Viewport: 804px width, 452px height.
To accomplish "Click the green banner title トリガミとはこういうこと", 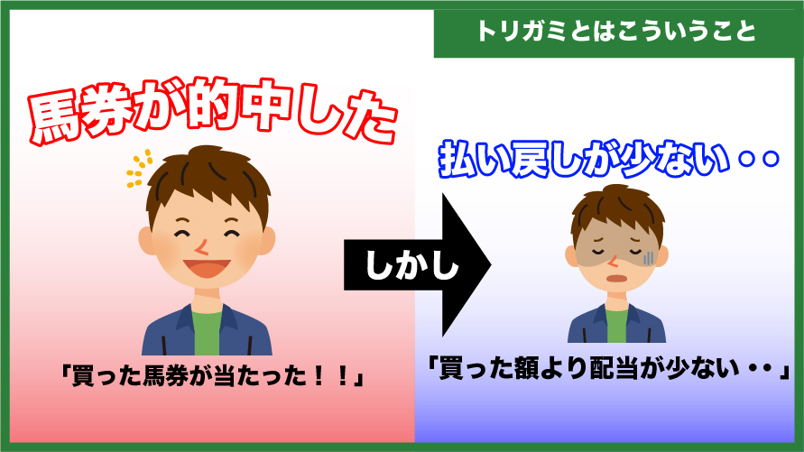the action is point(616,32).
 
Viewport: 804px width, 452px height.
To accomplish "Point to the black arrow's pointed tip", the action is point(491,265).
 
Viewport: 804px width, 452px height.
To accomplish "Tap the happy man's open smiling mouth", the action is point(206,268).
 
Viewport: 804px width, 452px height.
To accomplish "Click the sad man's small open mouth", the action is point(615,278).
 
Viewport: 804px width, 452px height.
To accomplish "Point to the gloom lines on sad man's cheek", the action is point(648,257).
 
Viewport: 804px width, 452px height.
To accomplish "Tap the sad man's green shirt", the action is point(617,326).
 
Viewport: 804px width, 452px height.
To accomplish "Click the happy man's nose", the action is point(201,248).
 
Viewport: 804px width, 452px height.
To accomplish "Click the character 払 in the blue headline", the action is point(457,160).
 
